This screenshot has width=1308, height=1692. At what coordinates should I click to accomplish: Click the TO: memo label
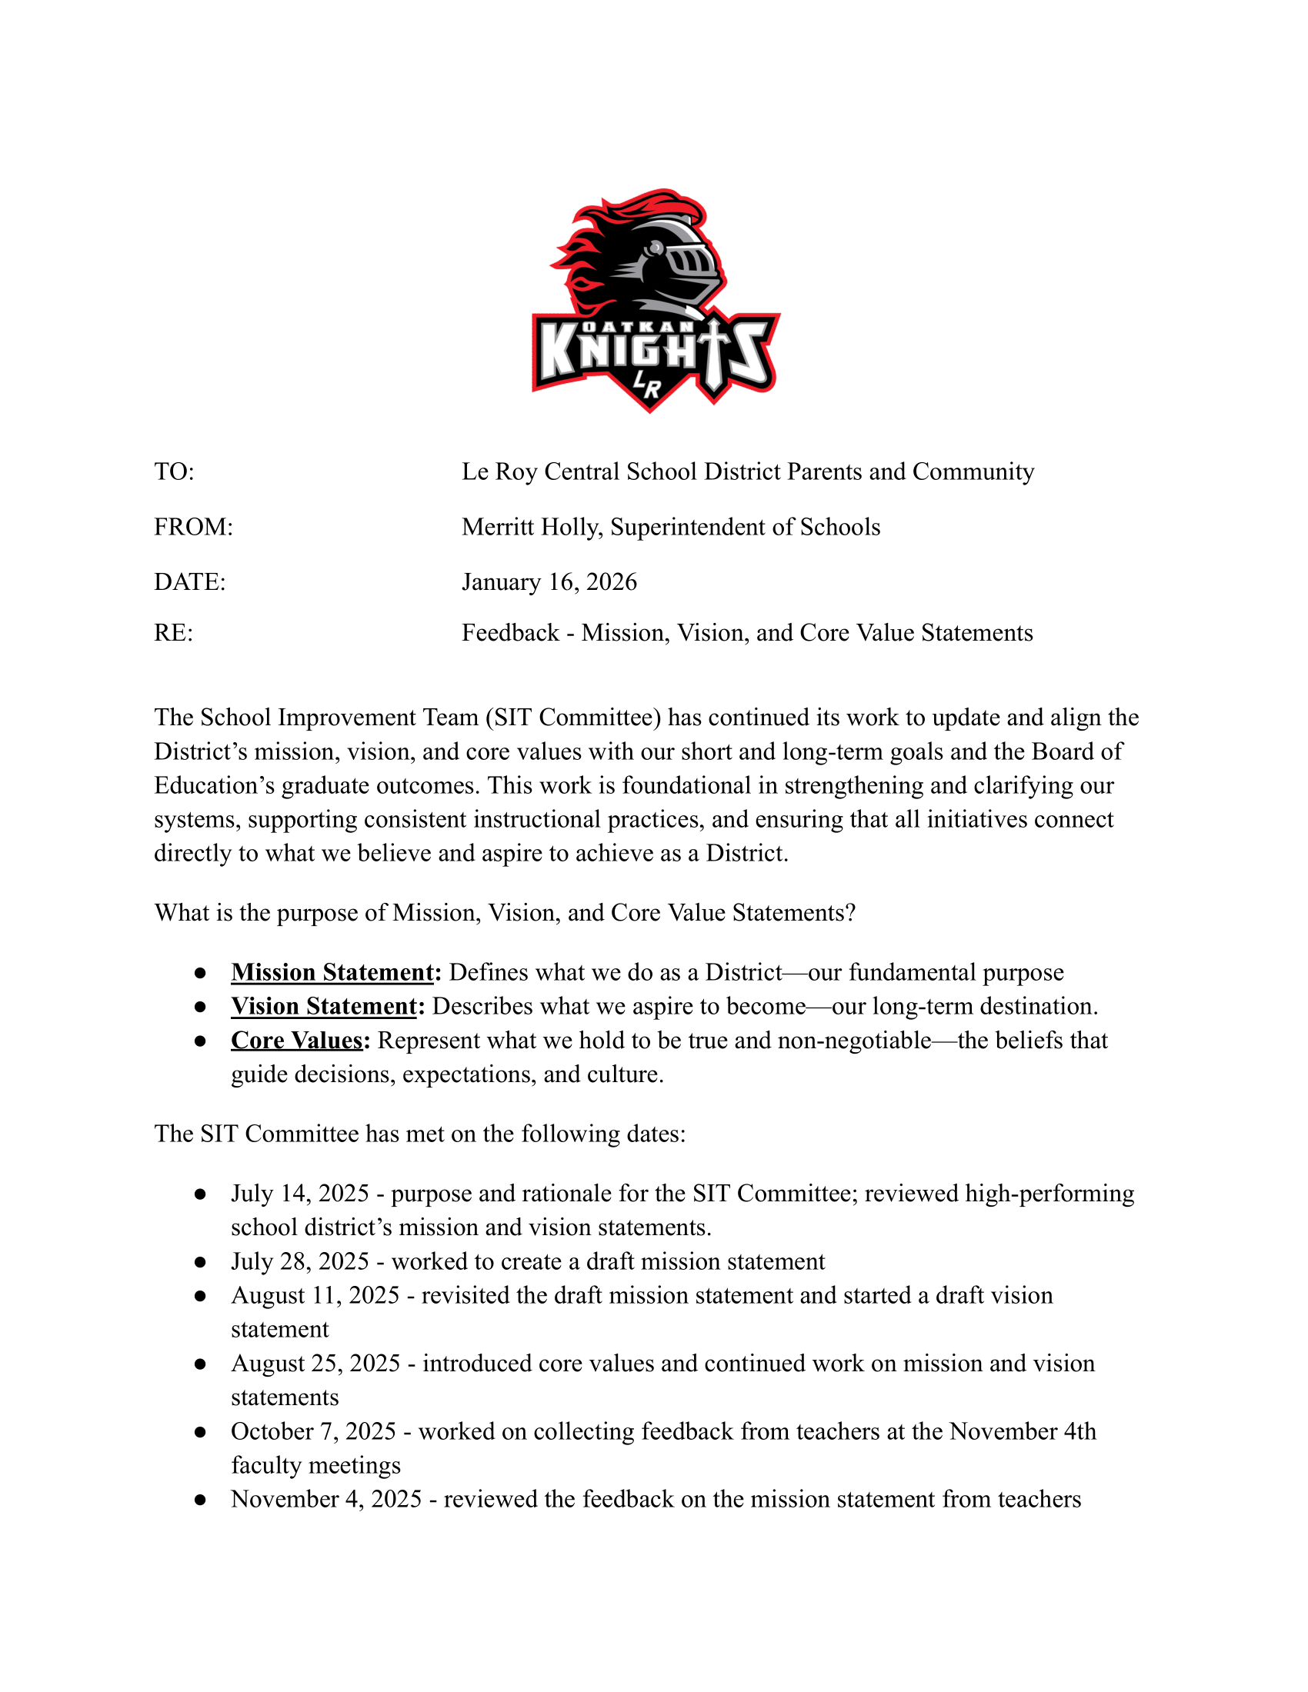(x=175, y=471)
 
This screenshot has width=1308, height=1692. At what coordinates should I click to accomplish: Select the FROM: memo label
(x=193, y=527)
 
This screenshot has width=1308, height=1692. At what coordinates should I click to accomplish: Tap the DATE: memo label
(x=190, y=582)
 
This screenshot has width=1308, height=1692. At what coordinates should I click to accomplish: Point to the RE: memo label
(x=173, y=633)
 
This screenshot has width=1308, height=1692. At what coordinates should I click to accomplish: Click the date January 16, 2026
(x=549, y=582)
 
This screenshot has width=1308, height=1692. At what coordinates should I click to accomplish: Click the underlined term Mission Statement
(x=332, y=972)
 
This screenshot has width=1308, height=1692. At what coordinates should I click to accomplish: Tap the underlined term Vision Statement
(x=324, y=1007)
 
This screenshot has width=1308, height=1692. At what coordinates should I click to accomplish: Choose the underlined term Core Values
(x=297, y=1041)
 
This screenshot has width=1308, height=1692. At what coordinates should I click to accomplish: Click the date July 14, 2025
(x=300, y=1194)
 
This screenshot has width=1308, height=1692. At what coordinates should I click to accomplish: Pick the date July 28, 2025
(x=300, y=1262)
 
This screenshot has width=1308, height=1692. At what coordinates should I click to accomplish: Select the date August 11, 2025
(x=315, y=1296)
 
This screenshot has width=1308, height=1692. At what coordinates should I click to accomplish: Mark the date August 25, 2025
(x=315, y=1364)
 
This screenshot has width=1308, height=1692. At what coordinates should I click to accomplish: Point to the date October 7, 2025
(x=313, y=1432)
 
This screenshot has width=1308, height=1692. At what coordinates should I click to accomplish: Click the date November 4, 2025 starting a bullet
(x=326, y=1499)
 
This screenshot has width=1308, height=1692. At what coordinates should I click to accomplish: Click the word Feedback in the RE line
(x=510, y=633)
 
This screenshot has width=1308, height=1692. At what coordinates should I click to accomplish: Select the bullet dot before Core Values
(x=200, y=1041)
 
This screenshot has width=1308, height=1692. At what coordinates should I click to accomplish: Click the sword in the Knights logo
(x=712, y=352)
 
